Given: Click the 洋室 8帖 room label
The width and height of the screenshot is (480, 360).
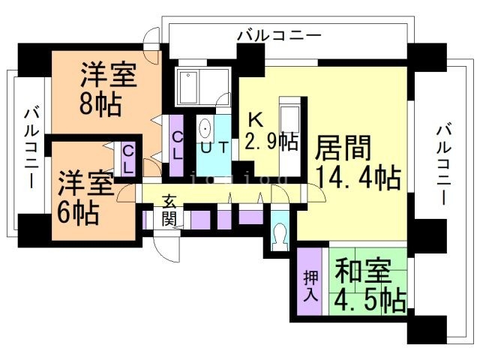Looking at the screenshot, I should click(108, 89).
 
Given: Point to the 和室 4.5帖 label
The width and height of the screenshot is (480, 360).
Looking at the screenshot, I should click(370, 284).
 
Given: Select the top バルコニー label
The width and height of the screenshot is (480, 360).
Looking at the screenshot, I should click(278, 34).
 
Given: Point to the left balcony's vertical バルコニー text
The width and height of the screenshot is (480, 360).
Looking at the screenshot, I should click(31, 147).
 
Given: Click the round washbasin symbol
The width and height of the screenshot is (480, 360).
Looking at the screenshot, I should click(206, 129).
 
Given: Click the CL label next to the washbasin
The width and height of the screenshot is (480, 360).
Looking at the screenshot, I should click(178, 143).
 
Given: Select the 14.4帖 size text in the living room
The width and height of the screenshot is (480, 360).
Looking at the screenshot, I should click(357, 178).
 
